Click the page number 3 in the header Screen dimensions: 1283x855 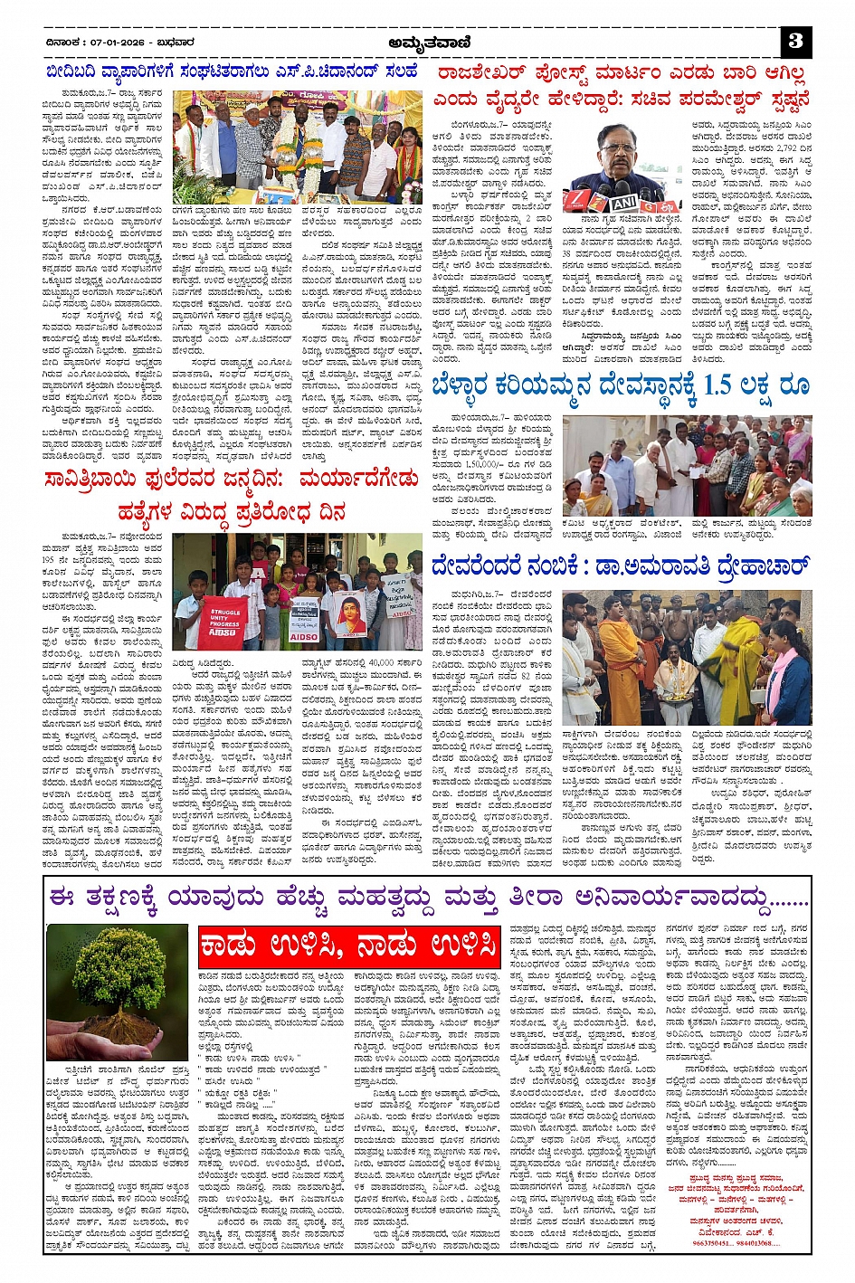pyautogui.click(x=795, y=41)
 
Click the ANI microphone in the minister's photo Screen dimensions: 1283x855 pyautogui.click(x=623, y=204)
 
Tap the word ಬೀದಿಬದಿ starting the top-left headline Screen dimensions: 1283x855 pyautogui.click(x=81, y=72)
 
